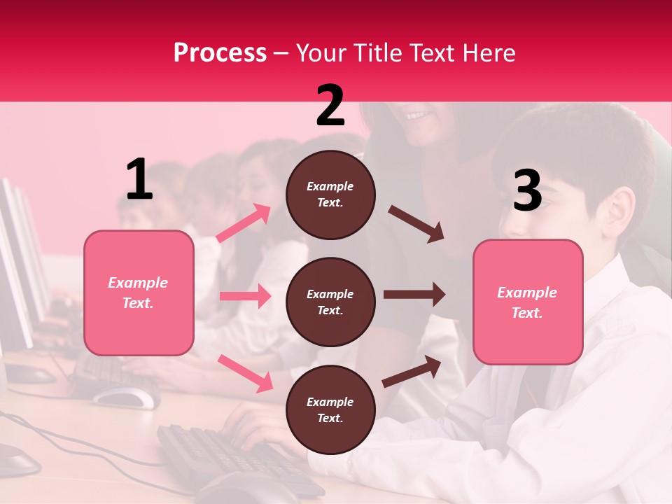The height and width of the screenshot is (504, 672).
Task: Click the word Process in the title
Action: (220, 53)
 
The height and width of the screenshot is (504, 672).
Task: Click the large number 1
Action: (140, 180)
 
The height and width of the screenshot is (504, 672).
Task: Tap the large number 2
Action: (330, 106)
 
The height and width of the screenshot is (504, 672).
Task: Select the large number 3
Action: (528, 190)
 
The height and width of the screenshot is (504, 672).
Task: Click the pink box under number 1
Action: (139, 293)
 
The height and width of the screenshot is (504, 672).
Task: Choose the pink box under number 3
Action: (528, 302)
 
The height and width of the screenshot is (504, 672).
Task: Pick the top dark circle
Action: (330, 195)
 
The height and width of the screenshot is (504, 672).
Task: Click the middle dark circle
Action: (330, 302)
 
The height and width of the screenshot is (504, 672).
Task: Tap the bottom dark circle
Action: (330, 409)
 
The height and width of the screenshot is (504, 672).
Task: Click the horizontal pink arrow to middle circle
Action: (245, 296)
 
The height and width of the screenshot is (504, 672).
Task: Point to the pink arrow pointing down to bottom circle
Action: (245, 373)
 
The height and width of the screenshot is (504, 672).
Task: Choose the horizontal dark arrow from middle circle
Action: (414, 295)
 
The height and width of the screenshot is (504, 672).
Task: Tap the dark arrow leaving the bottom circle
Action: (412, 371)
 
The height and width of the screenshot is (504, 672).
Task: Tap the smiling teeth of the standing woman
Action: (419, 114)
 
